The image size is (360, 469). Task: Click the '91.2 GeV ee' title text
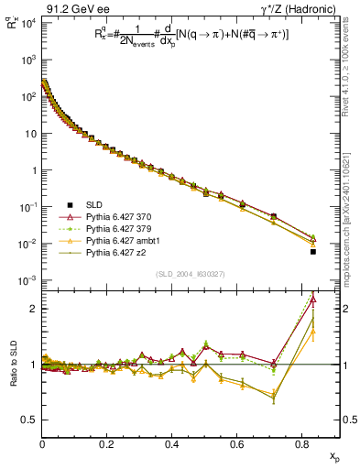[69, 8]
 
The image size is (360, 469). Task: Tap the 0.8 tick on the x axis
[302, 444]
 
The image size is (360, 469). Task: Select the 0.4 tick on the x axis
[172, 444]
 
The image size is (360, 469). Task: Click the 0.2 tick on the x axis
[107, 444]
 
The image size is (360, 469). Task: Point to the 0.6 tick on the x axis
[237, 444]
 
